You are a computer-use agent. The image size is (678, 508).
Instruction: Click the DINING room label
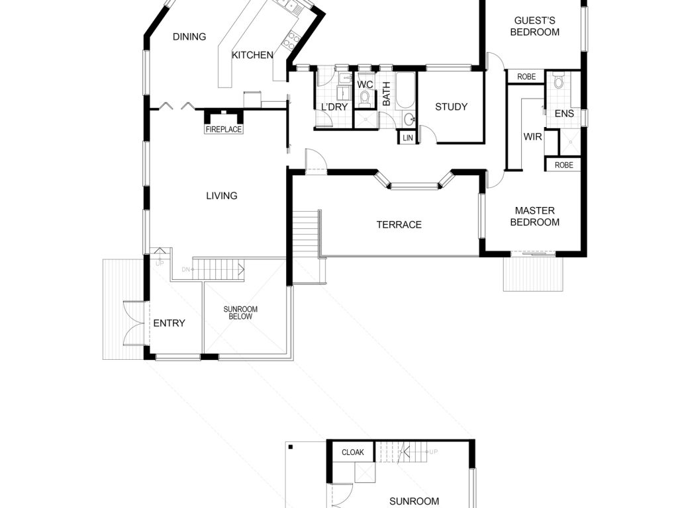tap(189, 37)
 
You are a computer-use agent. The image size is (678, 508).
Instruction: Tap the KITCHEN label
tap(252, 56)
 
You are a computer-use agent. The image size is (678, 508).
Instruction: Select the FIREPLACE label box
tap(224, 129)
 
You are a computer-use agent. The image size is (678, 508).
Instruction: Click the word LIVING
tap(222, 196)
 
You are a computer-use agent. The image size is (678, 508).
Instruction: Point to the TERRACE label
tap(399, 225)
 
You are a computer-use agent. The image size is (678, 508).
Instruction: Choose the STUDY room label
tap(451, 106)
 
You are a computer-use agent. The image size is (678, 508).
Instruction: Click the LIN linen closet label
tap(408, 138)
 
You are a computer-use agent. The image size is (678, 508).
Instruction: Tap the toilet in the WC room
tap(365, 99)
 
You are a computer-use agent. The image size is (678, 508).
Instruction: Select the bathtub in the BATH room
tap(406, 91)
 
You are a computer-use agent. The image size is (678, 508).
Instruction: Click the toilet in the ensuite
tap(559, 80)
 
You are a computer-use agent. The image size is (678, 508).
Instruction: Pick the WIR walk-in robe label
tap(533, 137)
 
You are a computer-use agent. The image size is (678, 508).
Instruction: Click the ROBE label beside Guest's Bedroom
tap(526, 77)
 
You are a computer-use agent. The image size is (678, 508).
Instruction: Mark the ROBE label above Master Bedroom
tap(564, 165)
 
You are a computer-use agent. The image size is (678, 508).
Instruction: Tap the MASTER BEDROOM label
tap(535, 216)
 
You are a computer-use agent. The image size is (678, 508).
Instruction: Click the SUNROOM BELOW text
tap(240, 313)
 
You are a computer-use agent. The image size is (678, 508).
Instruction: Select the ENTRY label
tap(169, 323)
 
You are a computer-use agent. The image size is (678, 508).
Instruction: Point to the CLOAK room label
tap(353, 452)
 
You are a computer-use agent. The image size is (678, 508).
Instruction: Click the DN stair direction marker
tap(186, 270)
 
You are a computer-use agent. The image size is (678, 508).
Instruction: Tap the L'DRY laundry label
tap(334, 106)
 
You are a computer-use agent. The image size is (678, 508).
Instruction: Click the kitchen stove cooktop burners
tap(291, 40)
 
